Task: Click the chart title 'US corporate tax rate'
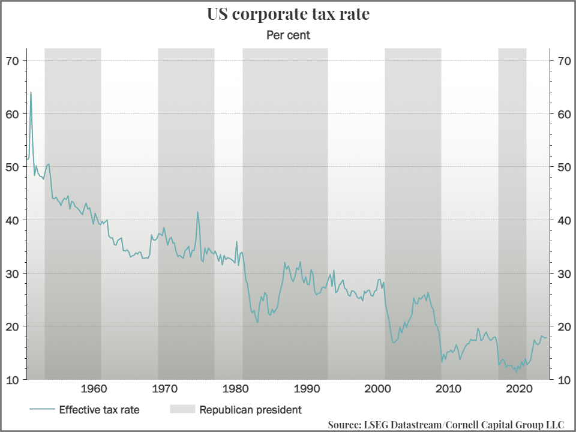pos(288,14)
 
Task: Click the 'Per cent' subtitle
pos(288,35)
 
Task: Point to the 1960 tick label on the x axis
pos(94,388)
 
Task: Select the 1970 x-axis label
pos(166,388)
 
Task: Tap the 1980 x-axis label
pos(236,388)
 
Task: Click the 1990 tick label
pos(307,388)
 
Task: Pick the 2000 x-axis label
pos(378,388)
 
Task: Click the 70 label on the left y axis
pos(13,61)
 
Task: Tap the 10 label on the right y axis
pos(563,380)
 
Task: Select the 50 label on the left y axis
pos(13,167)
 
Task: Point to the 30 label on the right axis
pos(563,274)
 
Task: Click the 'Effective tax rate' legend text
pos(99,410)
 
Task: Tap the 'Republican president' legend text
pos(250,410)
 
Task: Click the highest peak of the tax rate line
pos(31,92)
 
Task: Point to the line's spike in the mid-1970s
pos(197,212)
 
